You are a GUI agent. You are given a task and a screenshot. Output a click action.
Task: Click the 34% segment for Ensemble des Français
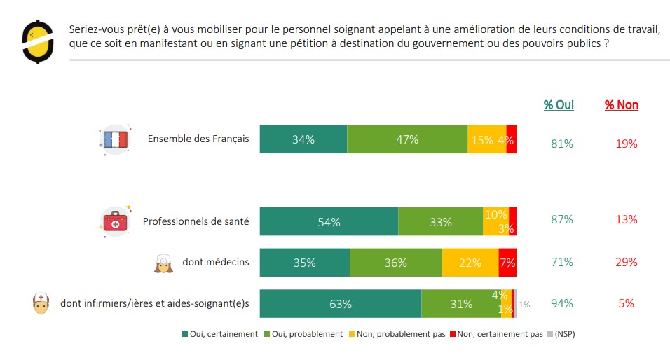(x=303, y=139)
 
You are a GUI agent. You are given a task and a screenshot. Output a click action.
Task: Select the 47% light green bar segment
(x=407, y=139)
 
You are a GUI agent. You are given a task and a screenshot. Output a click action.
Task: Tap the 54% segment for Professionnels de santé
(x=329, y=222)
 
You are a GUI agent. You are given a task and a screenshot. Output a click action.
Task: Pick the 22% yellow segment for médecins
(x=470, y=263)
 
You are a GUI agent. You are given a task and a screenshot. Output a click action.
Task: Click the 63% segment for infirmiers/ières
(x=341, y=304)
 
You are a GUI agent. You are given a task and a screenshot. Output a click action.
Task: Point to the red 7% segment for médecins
(x=507, y=263)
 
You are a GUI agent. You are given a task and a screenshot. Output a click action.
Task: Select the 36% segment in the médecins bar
(x=396, y=263)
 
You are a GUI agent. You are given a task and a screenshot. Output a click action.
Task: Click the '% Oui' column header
(x=559, y=105)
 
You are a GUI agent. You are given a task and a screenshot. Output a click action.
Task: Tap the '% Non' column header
(x=622, y=105)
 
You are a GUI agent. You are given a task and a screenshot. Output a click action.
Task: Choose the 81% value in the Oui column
(x=562, y=144)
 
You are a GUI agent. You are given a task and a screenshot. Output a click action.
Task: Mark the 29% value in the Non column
(x=627, y=263)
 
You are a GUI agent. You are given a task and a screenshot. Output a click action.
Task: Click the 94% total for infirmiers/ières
(x=562, y=303)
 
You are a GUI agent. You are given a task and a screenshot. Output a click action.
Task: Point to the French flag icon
(x=114, y=139)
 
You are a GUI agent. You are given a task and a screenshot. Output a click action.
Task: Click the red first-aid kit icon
(x=115, y=222)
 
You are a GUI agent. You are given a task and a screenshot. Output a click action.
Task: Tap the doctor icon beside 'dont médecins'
(x=163, y=263)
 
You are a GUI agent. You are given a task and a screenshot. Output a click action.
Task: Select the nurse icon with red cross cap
(x=43, y=303)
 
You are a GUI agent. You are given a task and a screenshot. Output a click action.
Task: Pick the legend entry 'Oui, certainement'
(x=219, y=334)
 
